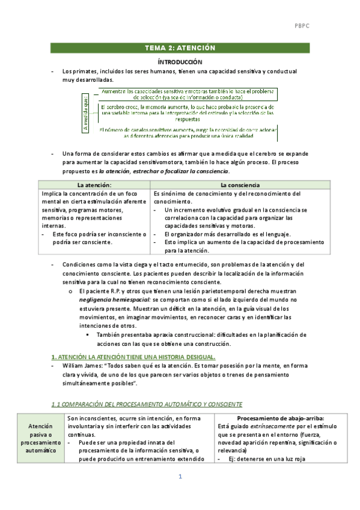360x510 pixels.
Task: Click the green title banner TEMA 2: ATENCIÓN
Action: click(x=180, y=48)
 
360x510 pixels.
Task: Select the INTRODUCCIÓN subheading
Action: click(x=180, y=62)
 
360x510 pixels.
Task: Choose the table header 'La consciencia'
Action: click(x=240, y=185)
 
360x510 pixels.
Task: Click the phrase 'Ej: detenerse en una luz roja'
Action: click(x=268, y=459)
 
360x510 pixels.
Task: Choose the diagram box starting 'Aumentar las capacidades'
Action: click(x=187, y=93)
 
